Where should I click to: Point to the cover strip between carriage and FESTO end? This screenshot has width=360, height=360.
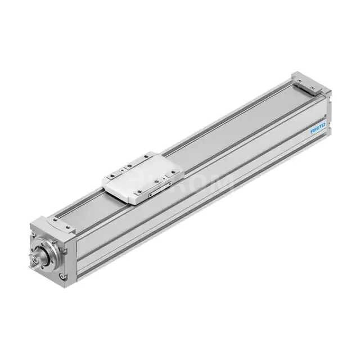(236, 124)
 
